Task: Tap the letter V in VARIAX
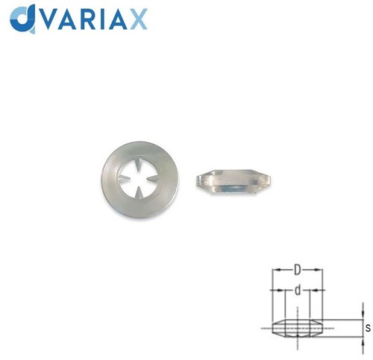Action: [46, 19]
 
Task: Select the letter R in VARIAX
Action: [84, 19]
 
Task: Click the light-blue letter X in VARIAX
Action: [139, 19]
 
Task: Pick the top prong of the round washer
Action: [139, 164]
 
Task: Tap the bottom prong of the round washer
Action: [140, 193]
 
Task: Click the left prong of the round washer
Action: [125, 179]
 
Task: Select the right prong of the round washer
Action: [152, 178]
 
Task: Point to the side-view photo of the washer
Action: [233, 181]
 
